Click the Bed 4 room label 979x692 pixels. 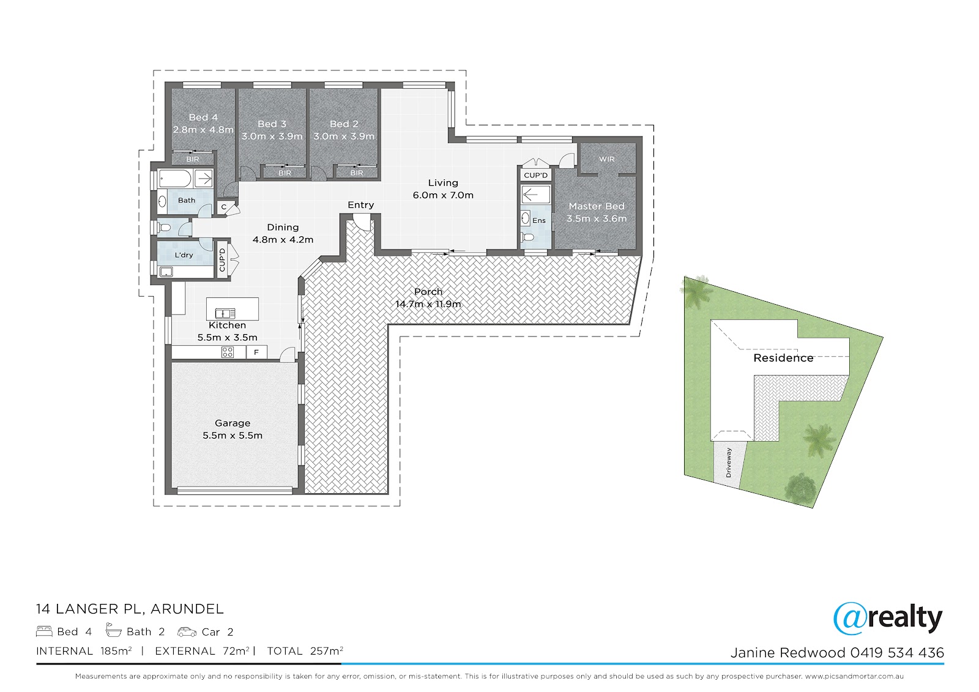coord(203,117)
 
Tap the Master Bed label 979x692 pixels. coord(597,206)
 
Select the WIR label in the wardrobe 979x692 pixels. coord(606,159)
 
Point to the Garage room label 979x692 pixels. coord(233,423)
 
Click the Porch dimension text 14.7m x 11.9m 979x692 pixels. coord(428,304)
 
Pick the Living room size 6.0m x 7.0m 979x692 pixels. coord(443,195)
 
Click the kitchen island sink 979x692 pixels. coord(226,313)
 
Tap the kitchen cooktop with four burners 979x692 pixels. coord(227,352)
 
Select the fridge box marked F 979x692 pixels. coord(256,352)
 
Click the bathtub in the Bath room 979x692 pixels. coord(175,179)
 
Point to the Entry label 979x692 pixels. coord(360,204)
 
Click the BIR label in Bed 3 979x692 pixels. coord(285,173)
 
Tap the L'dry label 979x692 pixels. coord(184,255)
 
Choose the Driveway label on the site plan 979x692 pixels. coord(728,463)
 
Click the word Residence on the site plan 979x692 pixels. coord(783,358)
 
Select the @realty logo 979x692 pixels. coord(888,618)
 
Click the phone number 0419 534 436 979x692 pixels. coord(897,653)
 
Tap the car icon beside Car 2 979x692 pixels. coord(187,631)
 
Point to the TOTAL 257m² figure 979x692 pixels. coord(305,651)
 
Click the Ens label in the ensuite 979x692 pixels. coord(539,220)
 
